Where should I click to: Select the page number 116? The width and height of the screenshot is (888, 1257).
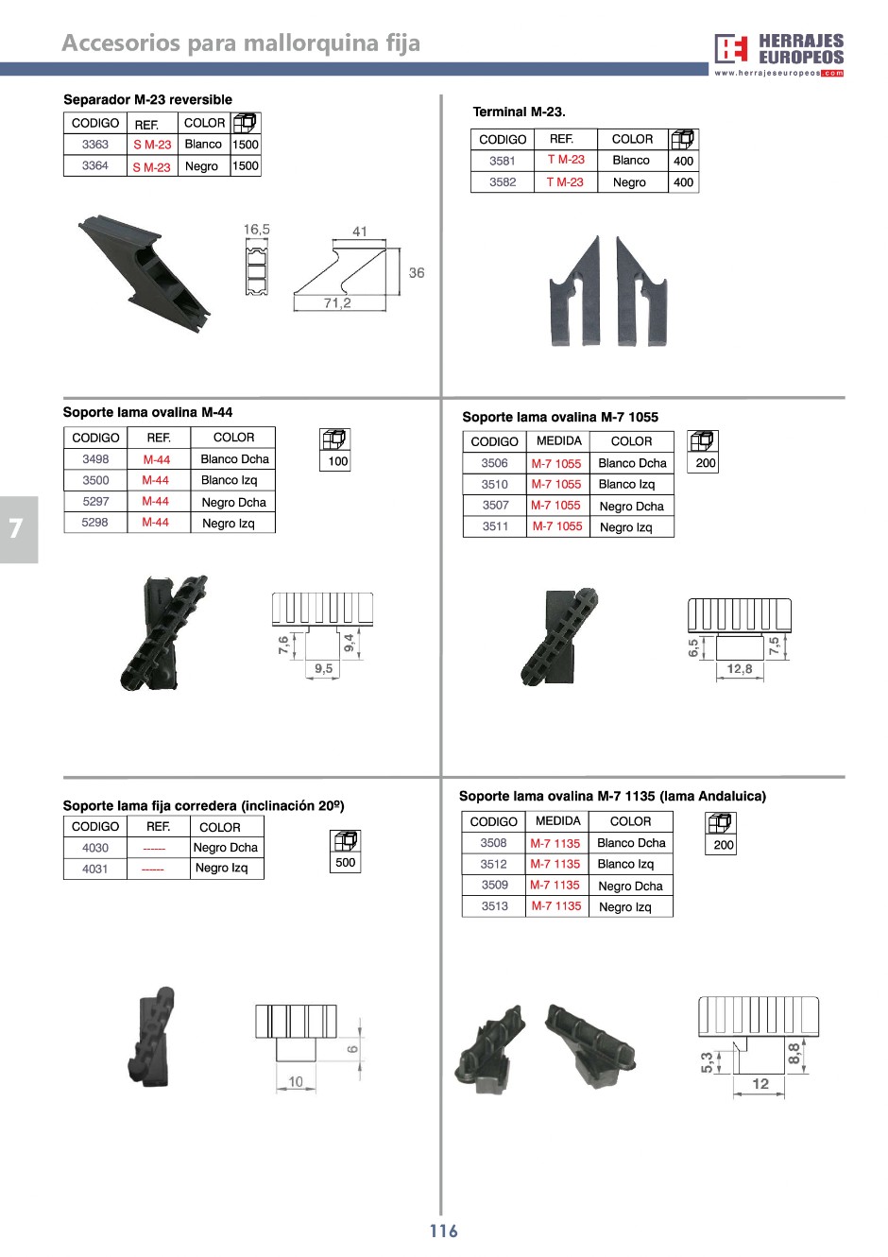click(x=443, y=1231)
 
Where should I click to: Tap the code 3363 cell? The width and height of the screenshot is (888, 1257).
click(x=95, y=145)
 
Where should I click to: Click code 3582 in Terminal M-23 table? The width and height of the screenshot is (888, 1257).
click(x=503, y=182)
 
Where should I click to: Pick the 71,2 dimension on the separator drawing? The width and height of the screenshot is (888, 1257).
click(x=337, y=302)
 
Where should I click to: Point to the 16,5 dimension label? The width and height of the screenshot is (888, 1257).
click(x=256, y=230)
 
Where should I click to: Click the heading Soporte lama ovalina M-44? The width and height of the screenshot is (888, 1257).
click(x=147, y=412)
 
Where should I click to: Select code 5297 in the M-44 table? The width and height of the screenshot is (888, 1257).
click(x=95, y=502)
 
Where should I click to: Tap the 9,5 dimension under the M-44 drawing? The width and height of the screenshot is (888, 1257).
click(x=323, y=668)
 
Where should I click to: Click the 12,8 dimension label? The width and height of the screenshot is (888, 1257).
click(x=740, y=669)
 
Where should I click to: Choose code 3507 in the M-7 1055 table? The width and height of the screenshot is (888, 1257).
click(x=495, y=506)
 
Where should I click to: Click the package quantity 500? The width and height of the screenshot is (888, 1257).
click(x=346, y=862)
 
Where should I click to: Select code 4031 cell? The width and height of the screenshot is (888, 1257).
click(x=95, y=869)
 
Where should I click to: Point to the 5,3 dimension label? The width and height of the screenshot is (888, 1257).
click(x=707, y=1063)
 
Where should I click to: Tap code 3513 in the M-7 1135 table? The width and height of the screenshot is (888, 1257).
click(x=494, y=906)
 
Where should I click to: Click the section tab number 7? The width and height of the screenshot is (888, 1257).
click(x=15, y=528)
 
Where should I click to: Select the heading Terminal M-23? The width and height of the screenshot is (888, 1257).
click(x=519, y=112)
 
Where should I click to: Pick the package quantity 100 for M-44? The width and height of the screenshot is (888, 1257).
click(x=338, y=461)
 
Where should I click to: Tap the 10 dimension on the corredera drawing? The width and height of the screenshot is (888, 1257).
click(x=296, y=1082)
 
